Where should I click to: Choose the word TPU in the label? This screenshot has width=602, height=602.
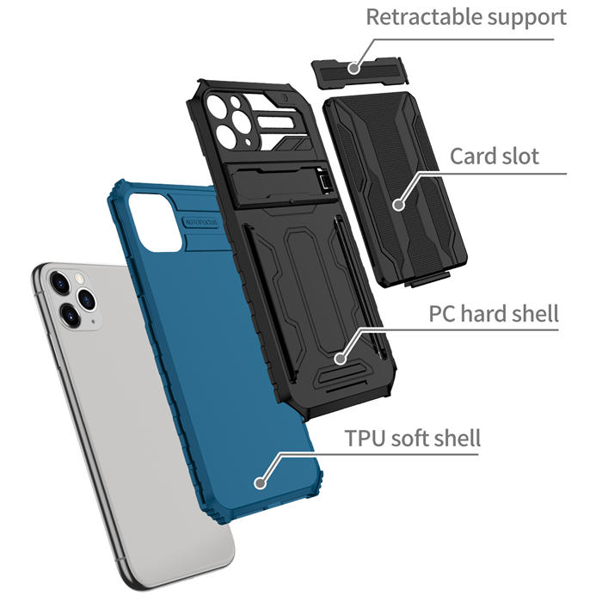[x=365, y=438]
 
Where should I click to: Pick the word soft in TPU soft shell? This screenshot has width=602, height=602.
[x=409, y=438]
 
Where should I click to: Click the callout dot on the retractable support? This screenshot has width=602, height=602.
[x=354, y=68]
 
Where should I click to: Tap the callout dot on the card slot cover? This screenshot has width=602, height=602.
[x=399, y=205]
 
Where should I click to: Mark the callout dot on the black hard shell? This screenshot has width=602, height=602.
[x=340, y=359]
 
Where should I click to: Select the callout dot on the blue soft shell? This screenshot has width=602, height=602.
[x=261, y=482]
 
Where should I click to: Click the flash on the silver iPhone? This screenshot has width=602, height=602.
[x=80, y=278]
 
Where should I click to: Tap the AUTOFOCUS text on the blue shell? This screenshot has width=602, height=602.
[x=202, y=223]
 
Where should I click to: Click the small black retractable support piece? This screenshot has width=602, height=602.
[x=359, y=72]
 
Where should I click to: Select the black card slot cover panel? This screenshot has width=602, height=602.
[x=396, y=189]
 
